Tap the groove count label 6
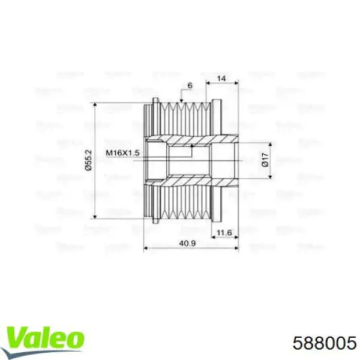tap(189, 86)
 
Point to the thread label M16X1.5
tap(122, 153)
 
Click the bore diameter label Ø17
tap(264, 160)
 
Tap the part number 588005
tap(325, 341)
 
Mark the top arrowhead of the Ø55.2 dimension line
tap(97, 105)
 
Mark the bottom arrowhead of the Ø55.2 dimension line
tap(97, 217)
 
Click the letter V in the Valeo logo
tap(15, 338)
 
